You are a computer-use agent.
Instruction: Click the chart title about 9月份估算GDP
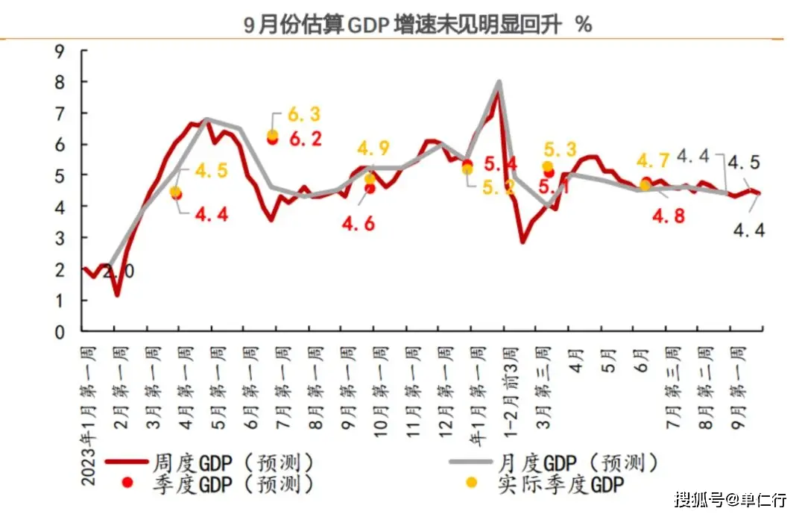click(418, 24)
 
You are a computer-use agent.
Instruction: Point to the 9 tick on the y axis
click(61, 51)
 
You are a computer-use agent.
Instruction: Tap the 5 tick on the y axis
click(61, 175)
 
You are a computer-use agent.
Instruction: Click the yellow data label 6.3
click(304, 115)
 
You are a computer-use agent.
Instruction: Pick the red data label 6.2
click(304, 139)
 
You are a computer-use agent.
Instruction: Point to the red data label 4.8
click(668, 215)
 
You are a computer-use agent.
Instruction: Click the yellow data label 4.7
click(653, 160)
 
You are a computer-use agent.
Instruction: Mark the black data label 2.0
click(119, 272)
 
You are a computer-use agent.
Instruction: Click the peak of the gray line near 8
click(498, 82)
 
